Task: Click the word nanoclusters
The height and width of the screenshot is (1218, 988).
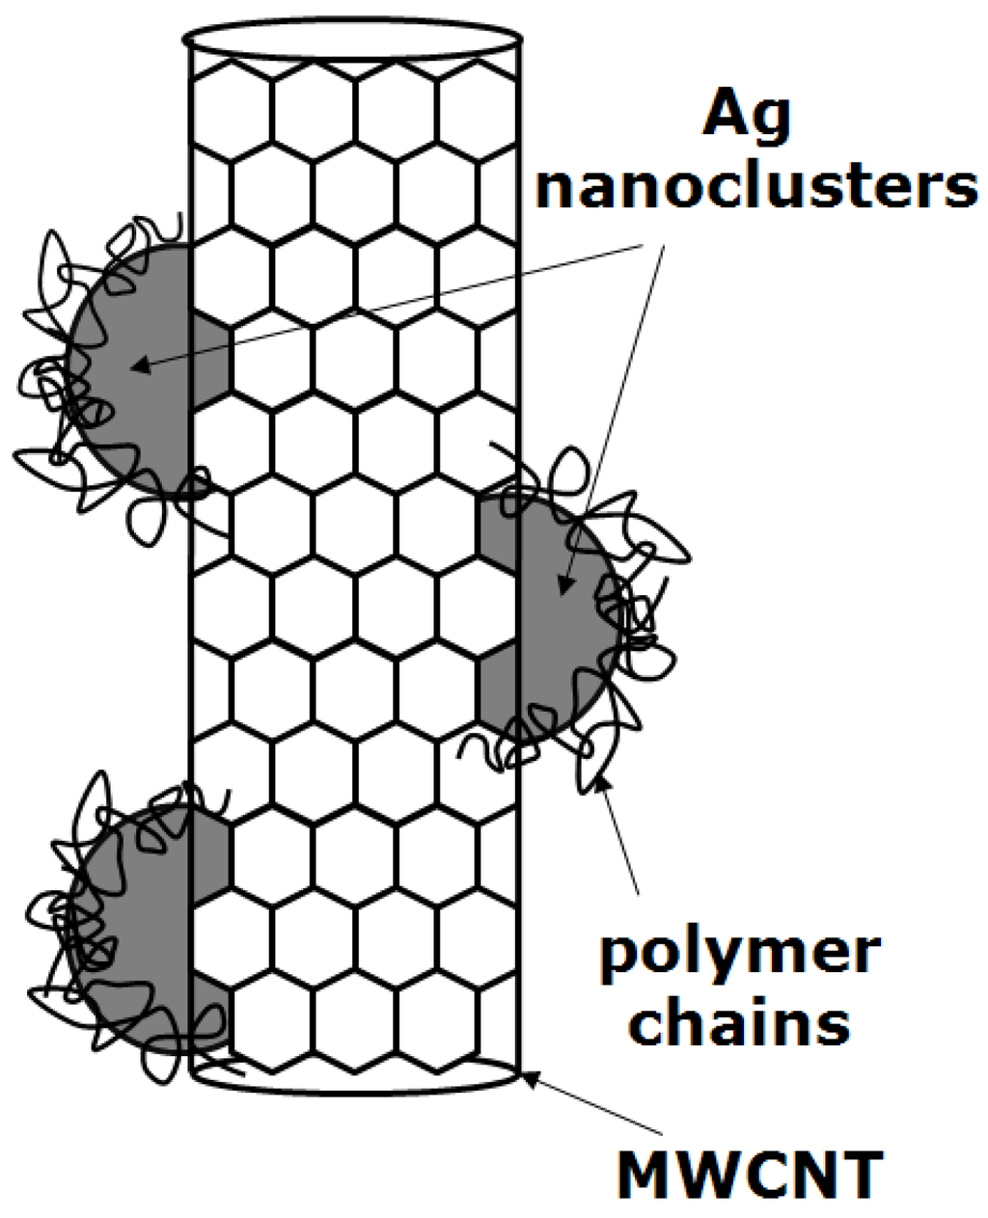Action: [x=757, y=186]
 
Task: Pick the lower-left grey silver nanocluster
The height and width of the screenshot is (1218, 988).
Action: [x=145, y=926]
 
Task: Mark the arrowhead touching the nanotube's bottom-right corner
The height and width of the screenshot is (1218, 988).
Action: [x=530, y=1077]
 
